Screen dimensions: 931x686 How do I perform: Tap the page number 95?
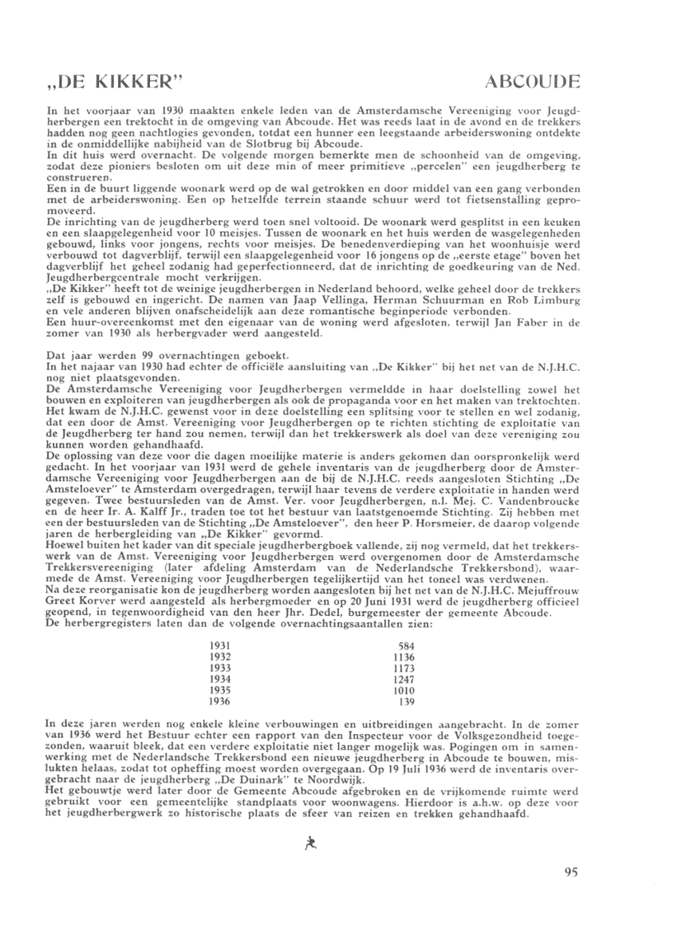570,872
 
